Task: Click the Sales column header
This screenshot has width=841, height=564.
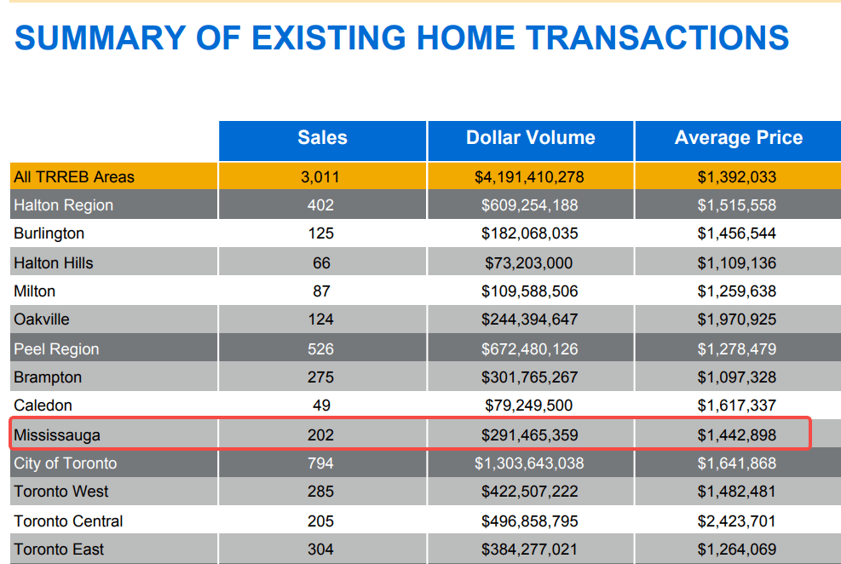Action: coord(322,138)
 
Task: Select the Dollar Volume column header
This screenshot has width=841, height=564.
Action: coord(530,138)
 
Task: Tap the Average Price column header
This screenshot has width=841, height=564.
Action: coord(738,138)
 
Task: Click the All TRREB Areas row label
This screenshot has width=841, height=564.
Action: coord(74,177)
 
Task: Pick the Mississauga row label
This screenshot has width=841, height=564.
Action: coord(57,435)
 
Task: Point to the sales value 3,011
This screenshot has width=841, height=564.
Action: coord(320,177)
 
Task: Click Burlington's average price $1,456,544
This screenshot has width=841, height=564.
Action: coord(736,233)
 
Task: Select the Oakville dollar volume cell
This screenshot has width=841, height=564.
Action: coord(529,319)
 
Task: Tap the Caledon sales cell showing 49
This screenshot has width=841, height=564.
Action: coord(320,406)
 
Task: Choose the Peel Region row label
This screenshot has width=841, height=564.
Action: coord(56,349)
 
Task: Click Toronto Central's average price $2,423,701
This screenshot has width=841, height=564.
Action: coord(736,521)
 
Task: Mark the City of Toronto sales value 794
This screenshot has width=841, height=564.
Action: coord(320,463)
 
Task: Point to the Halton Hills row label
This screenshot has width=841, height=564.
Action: coord(54,263)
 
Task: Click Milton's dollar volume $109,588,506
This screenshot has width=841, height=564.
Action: coord(529,291)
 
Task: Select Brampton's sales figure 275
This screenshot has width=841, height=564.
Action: coord(320,377)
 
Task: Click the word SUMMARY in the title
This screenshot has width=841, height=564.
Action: coord(100,38)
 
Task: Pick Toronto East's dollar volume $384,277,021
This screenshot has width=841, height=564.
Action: coord(529,550)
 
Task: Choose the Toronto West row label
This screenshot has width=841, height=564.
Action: coord(61,492)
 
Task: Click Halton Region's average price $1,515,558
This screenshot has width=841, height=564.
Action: coord(736,205)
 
